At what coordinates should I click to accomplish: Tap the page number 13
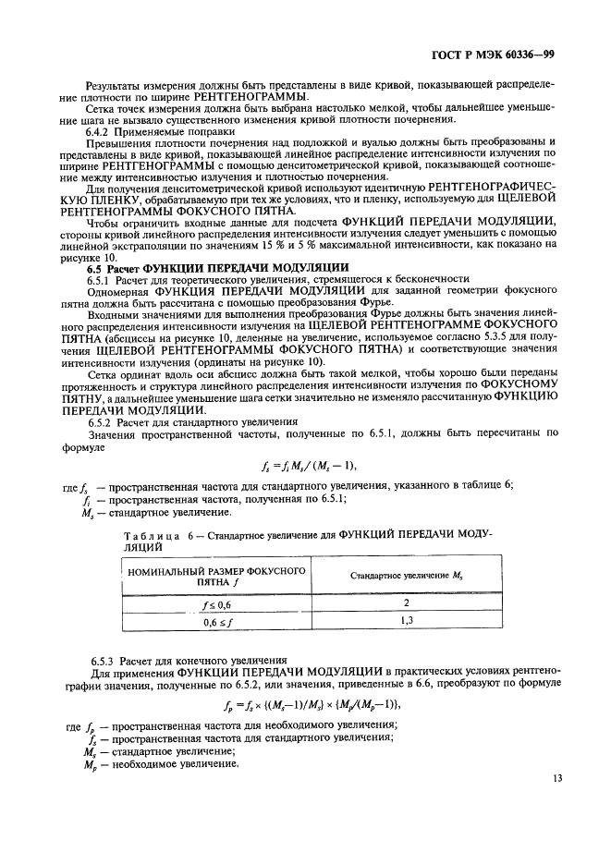click(557, 779)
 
